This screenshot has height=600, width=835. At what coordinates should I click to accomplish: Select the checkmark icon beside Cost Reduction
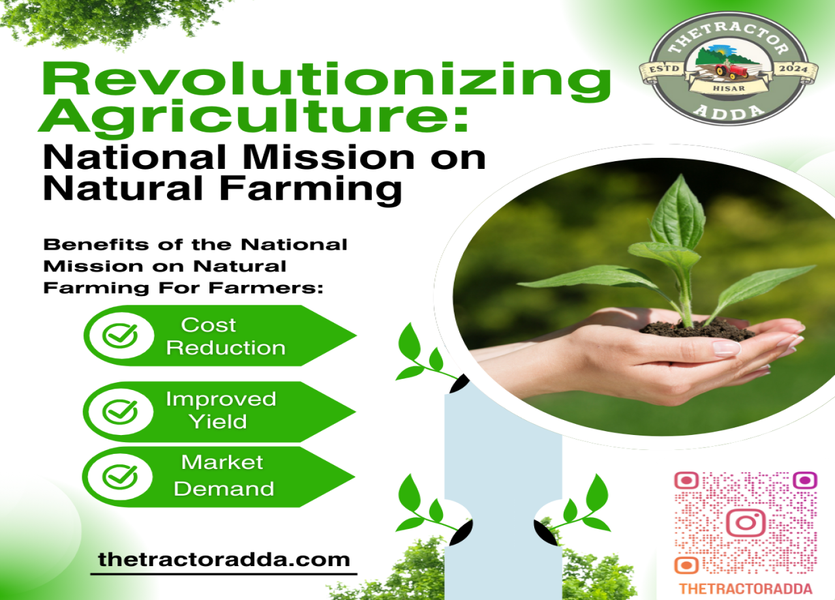tap(120, 335)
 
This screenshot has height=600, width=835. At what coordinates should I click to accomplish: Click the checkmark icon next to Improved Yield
tap(120, 412)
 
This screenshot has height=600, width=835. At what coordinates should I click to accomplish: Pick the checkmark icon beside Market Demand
tap(120, 477)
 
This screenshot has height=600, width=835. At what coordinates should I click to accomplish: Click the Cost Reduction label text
tap(226, 336)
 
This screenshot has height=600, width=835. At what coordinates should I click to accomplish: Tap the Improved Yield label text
tap(221, 410)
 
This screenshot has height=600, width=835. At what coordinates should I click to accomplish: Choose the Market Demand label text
tap(224, 475)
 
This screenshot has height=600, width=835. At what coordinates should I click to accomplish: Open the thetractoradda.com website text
tap(224, 560)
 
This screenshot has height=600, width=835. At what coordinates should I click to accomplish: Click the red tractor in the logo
tap(731, 71)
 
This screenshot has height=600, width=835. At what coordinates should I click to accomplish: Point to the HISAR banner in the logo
tap(729, 88)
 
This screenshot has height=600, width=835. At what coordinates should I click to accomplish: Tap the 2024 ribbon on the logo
tap(793, 70)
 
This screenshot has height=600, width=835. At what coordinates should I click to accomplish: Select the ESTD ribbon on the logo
tap(664, 70)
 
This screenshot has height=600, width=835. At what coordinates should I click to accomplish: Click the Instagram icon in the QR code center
tap(746, 522)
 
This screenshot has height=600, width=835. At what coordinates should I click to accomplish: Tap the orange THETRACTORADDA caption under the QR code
tap(746, 589)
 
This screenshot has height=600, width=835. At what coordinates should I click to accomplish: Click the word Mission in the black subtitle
tap(329, 158)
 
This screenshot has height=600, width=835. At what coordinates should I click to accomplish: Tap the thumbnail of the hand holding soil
tap(644, 297)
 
